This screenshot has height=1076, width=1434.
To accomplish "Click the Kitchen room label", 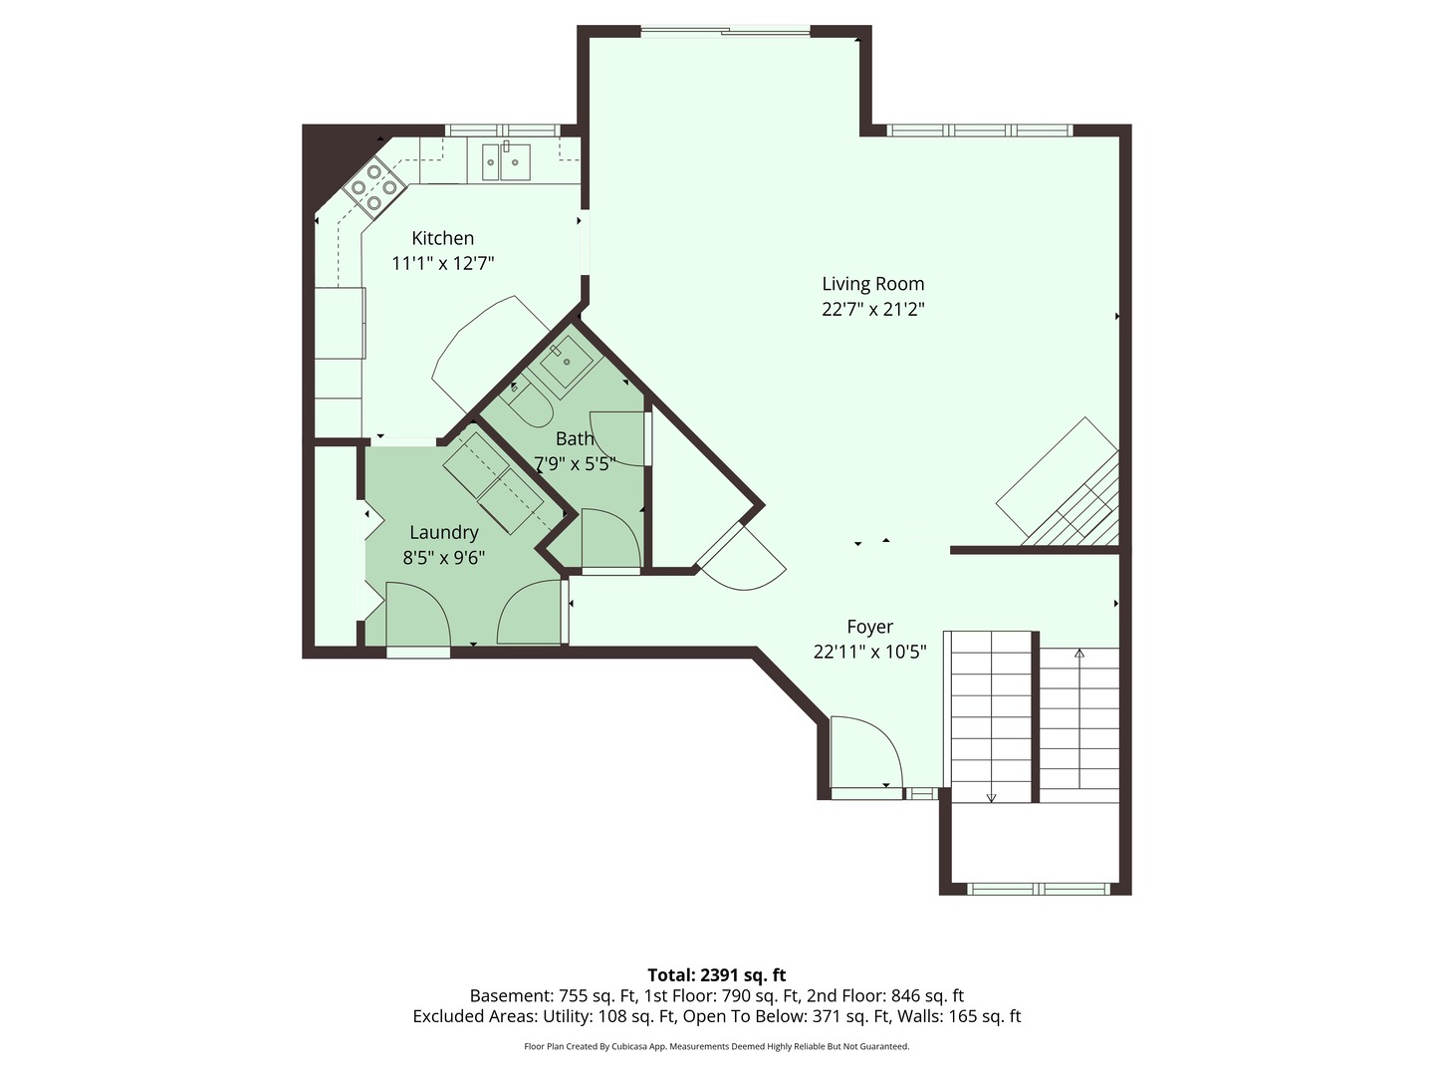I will [442, 238].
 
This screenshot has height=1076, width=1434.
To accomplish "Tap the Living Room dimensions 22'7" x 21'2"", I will [872, 309].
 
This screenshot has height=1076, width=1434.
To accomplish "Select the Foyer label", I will [869, 627].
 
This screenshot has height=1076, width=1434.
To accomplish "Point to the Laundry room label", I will [443, 533].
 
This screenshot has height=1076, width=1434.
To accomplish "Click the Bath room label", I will [575, 438].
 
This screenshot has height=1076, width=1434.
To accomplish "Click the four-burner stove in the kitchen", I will [373, 186].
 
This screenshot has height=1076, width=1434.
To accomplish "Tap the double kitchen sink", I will [506, 161].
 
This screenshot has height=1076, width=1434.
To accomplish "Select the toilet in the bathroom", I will [528, 404].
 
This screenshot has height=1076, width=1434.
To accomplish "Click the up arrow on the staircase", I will [1079, 655].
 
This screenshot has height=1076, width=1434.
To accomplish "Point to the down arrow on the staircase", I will [991, 797].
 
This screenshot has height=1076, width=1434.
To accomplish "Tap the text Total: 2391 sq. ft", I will [716, 974].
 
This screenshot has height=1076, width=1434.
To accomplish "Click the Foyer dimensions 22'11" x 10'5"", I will [869, 653].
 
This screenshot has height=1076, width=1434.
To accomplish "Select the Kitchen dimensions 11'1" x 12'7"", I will [442, 264].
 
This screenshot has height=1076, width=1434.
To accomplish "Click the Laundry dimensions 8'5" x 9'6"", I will [443, 558].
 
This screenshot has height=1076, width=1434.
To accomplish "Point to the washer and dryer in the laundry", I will [492, 483].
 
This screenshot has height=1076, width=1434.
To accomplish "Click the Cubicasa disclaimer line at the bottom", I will [716, 1046].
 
